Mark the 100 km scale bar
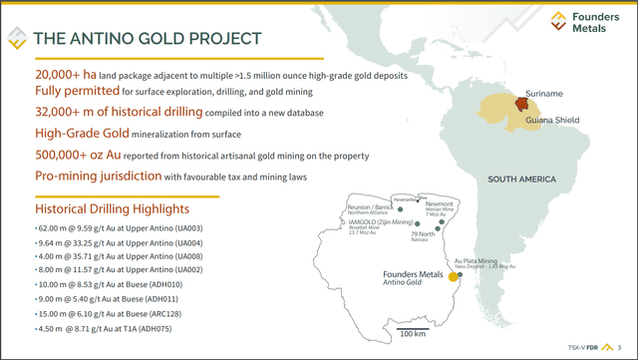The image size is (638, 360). tap(413, 328)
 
